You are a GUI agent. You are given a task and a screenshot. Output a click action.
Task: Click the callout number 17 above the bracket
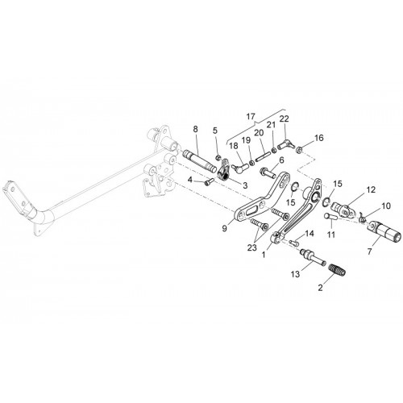(250, 117)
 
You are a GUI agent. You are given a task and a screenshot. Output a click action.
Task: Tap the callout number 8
(195, 129)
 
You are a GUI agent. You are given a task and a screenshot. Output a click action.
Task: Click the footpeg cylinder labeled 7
(384, 232)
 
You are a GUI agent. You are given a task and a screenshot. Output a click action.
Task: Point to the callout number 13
(295, 274)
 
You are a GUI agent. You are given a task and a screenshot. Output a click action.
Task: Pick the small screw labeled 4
(209, 182)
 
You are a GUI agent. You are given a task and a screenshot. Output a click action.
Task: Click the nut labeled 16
(298, 151)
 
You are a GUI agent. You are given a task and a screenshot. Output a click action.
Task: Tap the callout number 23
(252, 247)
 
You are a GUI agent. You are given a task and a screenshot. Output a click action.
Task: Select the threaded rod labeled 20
(262, 156)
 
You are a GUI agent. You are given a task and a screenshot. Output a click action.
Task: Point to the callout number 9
(225, 228)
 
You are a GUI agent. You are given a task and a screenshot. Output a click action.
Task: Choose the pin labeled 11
(330, 217)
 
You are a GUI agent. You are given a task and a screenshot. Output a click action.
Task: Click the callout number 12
(371, 189)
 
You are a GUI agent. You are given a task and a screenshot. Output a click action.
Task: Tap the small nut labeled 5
(218, 157)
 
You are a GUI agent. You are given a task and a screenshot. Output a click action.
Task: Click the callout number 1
(264, 254)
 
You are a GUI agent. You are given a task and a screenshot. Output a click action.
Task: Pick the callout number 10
(386, 206)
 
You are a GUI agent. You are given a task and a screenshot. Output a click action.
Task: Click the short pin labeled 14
(293, 243)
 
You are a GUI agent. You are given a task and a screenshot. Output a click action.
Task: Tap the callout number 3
(245, 185)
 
